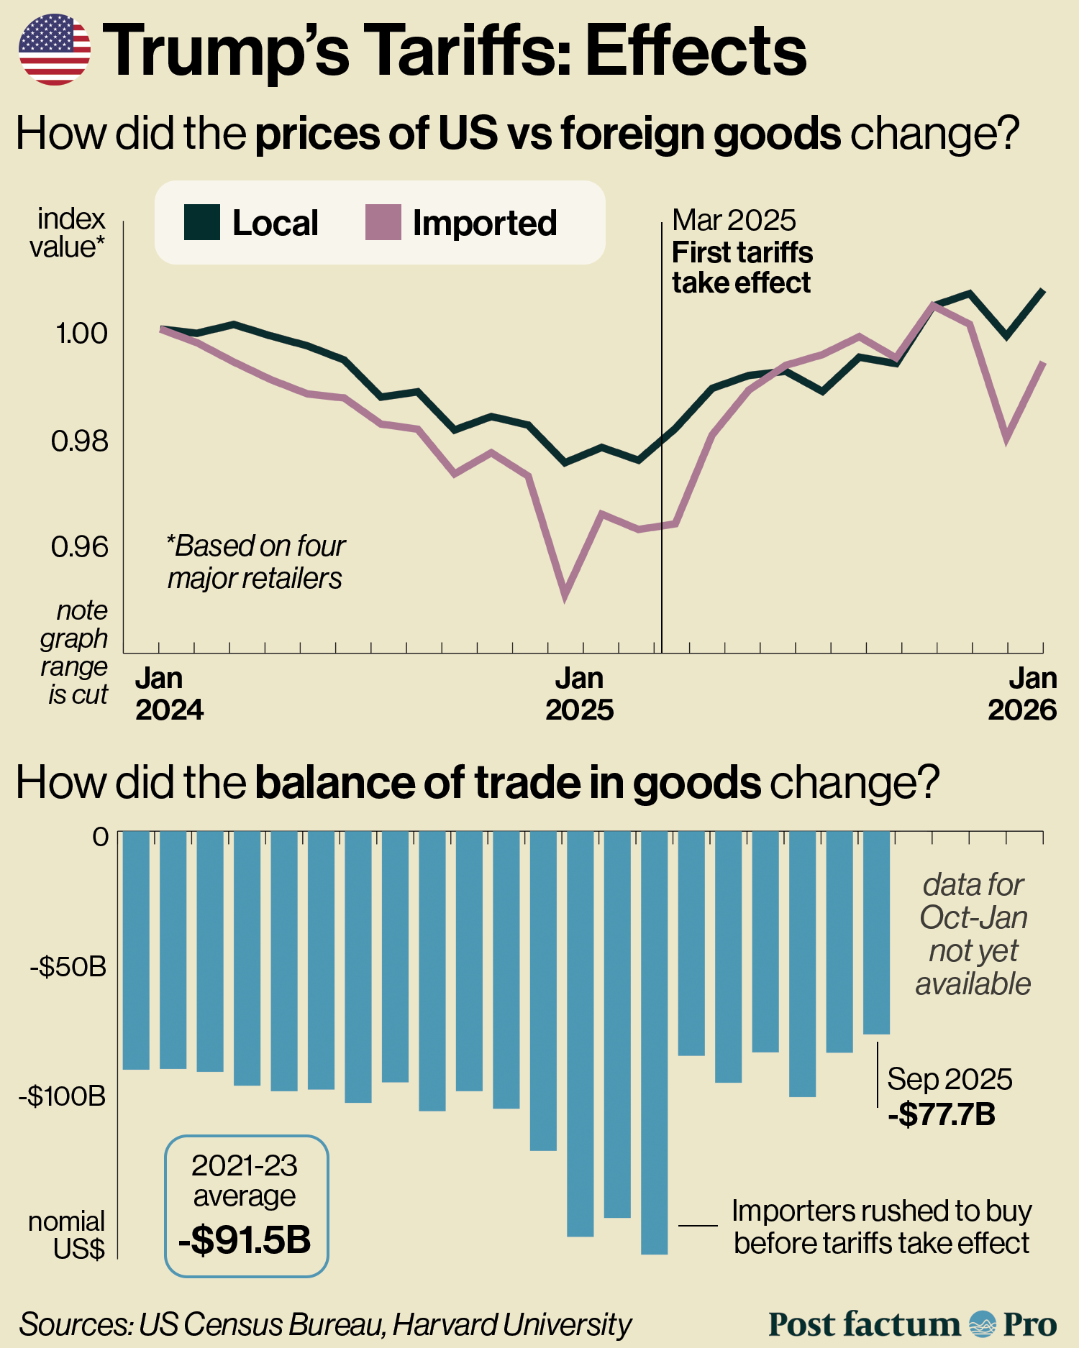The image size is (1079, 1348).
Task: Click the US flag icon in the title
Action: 54,50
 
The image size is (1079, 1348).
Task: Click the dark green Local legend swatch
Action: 202,222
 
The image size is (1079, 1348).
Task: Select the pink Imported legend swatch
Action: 383,222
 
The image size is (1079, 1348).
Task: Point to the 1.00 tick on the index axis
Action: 81,333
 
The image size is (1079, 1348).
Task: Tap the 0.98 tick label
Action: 79,440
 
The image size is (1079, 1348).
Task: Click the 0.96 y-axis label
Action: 79,546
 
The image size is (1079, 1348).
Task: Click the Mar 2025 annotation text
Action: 734,220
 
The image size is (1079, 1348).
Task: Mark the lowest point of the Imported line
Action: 565,596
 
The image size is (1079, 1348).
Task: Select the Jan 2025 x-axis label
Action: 579,694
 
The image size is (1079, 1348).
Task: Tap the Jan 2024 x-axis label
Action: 170,694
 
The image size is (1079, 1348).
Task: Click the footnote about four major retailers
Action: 255,561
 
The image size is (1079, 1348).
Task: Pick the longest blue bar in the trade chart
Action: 654,1042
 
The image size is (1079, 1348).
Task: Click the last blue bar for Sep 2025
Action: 876,932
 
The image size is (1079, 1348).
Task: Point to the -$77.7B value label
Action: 942,1114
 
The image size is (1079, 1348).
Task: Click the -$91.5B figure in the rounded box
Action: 245,1239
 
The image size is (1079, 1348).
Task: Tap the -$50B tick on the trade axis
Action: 68,967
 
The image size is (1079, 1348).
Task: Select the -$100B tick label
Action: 63,1096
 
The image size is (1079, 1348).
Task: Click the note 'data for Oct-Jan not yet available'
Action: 973,934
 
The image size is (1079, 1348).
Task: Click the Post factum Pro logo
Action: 912,1324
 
